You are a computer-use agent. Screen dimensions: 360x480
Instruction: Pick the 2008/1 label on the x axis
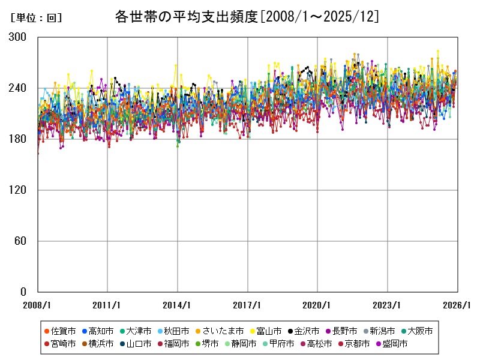point(38,305)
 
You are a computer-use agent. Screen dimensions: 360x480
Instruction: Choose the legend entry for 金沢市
point(307,331)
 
